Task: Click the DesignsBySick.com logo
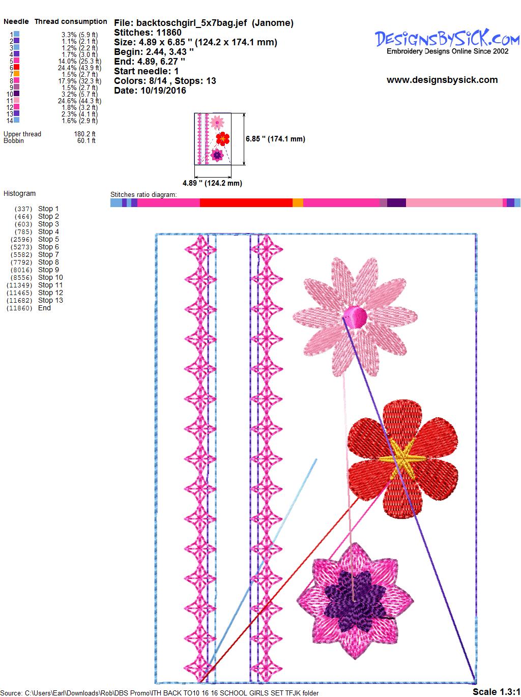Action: [447, 42]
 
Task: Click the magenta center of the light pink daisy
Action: [355, 316]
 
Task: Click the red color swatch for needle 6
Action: [16, 67]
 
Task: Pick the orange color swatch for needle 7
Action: [16, 74]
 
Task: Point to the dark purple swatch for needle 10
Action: [16, 94]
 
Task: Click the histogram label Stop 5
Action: [48, 239]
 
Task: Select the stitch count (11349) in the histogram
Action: [19, 285]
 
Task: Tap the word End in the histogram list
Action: [44, 308]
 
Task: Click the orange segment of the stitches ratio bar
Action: [298, 202]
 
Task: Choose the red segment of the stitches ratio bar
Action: [246, 202]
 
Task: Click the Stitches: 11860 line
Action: [148, 33]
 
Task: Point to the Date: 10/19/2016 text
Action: [150, 91]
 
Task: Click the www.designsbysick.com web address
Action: [442, 80]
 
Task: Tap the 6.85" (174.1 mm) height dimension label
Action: [275, 139]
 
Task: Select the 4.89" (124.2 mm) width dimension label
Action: [212, 183]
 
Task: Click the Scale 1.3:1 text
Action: [496, 691]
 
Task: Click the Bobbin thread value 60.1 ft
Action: [86, 140]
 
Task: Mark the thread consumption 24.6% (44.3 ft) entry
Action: [79, 101]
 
